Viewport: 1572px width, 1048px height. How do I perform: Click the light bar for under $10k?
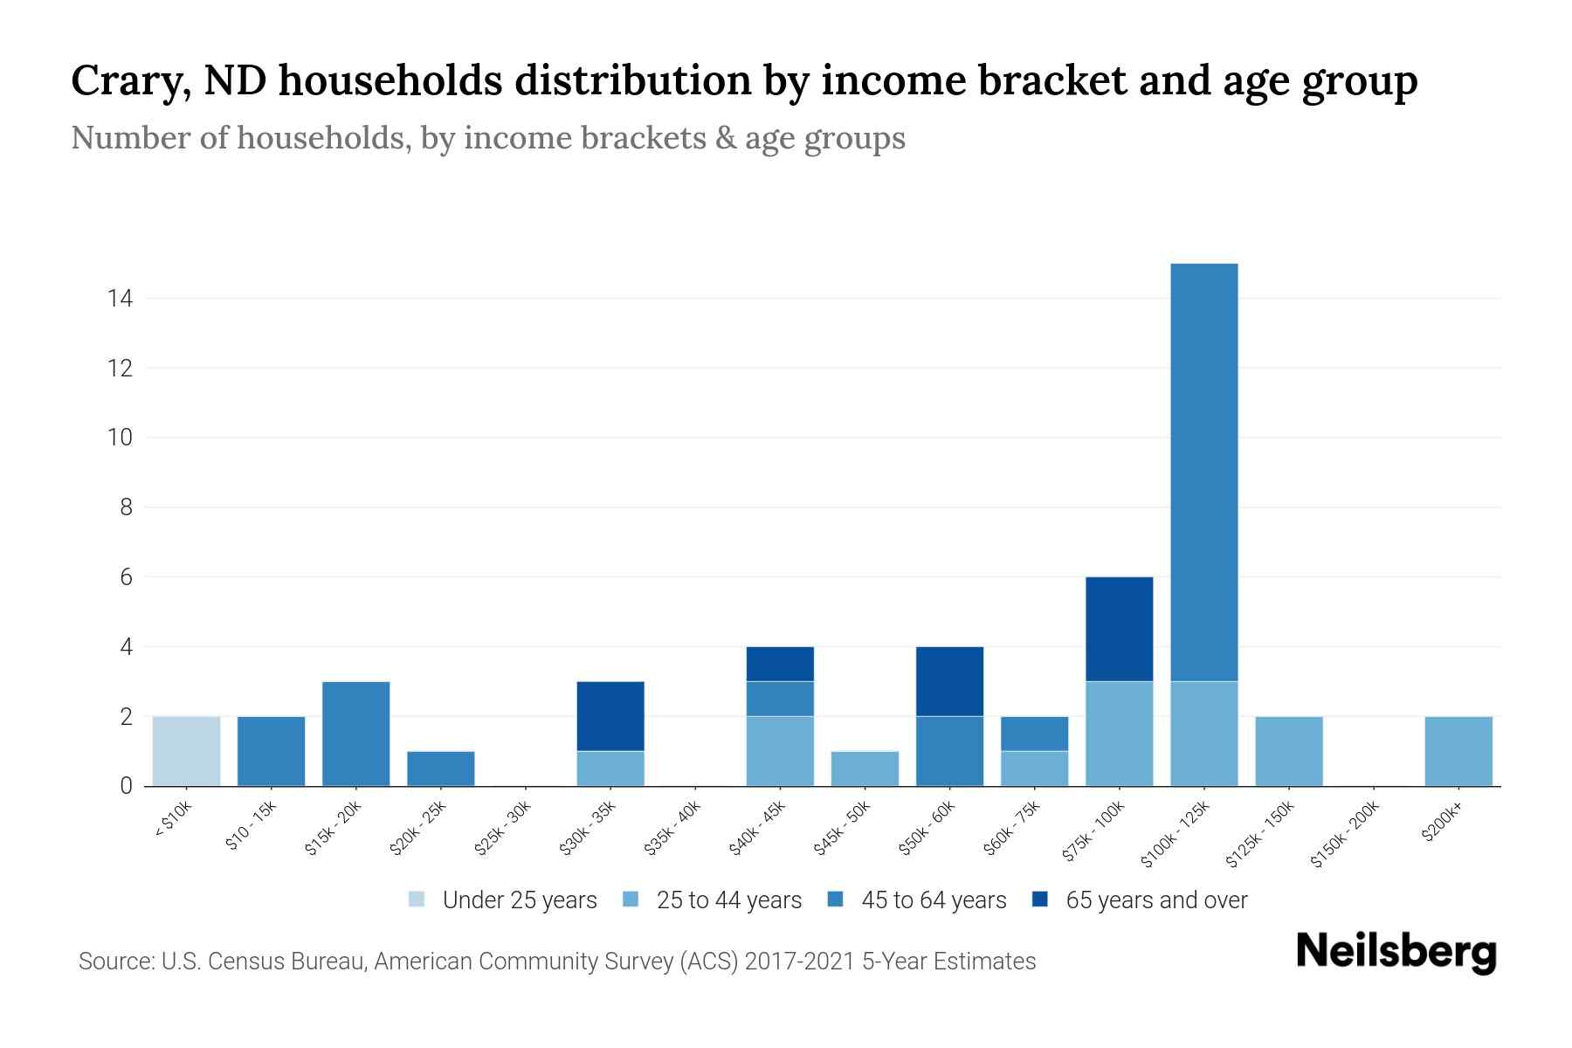[x=186, y=751]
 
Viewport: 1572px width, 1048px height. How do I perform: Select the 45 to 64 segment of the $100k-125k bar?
[x=1203, y=472]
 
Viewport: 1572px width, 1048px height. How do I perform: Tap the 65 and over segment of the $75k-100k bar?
[x=1119, y=629]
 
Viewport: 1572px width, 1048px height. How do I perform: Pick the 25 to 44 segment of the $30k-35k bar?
[x=610, y=769]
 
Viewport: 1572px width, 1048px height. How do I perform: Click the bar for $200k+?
[x=1458, y=751]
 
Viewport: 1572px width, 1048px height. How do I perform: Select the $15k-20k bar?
[x=355, y=734]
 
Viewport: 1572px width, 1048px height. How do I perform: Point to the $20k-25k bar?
[x=440, y=769]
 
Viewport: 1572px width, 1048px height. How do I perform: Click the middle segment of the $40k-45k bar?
[x=780, y=699]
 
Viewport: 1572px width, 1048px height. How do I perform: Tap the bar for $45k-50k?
[x=865, y=769]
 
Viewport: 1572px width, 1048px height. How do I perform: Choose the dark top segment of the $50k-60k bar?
[x=949, y=681]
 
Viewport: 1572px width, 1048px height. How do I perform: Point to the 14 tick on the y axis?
[x=120, y=299]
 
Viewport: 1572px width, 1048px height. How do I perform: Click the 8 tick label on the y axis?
[x=126, y=507]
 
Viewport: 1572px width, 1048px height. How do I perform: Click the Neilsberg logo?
[x=1396, y=952]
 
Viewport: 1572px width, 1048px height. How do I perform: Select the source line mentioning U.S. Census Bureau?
[x=556, y=962]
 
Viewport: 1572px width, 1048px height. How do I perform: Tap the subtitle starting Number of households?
[x=487, y=138]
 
